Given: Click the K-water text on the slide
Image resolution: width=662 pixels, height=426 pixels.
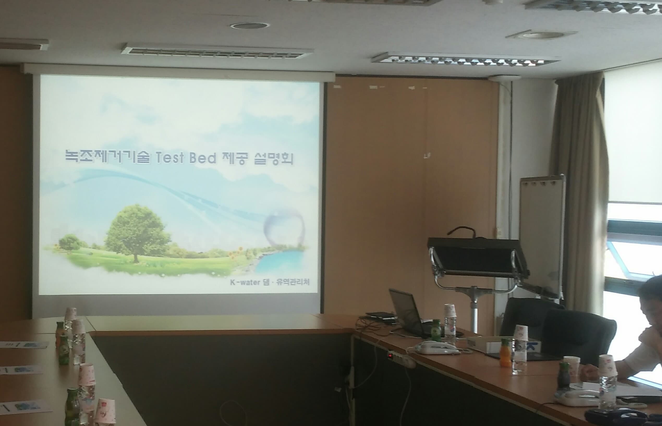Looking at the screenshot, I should (245, 283).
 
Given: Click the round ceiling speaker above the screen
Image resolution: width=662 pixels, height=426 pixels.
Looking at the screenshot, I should (250, 26).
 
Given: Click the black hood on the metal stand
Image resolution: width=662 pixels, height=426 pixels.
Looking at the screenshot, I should (476, 254).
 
